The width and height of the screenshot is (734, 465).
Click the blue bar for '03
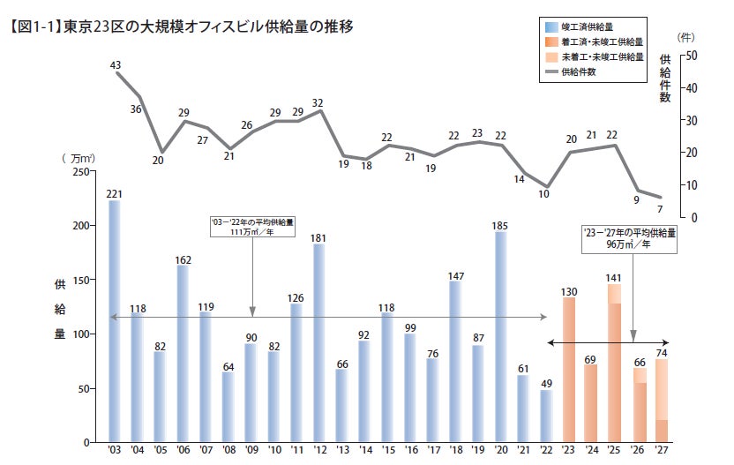[x=114, y=321]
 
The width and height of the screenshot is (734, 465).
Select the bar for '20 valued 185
[x=501, y=336]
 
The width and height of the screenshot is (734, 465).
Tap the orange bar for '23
[x=569, y=370]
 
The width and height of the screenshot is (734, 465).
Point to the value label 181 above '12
[x=318, y=237]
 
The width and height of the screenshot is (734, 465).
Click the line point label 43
[x=116, y=65]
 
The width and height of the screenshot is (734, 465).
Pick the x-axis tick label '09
[x=251, y=450]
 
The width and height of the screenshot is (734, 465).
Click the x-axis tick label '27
[x=661, y=450]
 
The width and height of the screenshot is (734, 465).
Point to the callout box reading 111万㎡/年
[x=252, y=228]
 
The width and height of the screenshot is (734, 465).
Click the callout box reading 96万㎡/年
[x=630, y=239]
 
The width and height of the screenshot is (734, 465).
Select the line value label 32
[x=318, y=102]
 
